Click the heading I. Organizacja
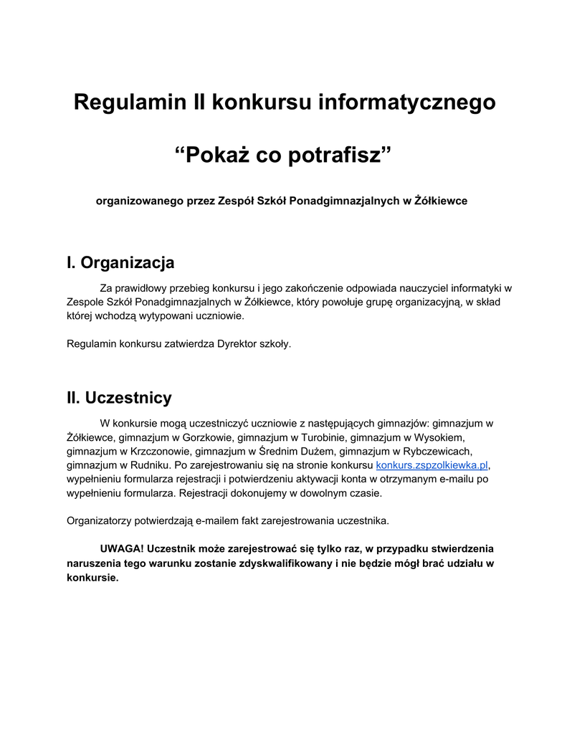pos(120,263)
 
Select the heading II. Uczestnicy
pos(119,397)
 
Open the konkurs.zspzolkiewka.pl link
pos(432,465)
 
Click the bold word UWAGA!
pos(122,549)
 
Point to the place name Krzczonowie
pos(161,451)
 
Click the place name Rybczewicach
pos(437,451)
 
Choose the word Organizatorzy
pos(100,520)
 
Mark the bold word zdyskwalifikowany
pos(280,563)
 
